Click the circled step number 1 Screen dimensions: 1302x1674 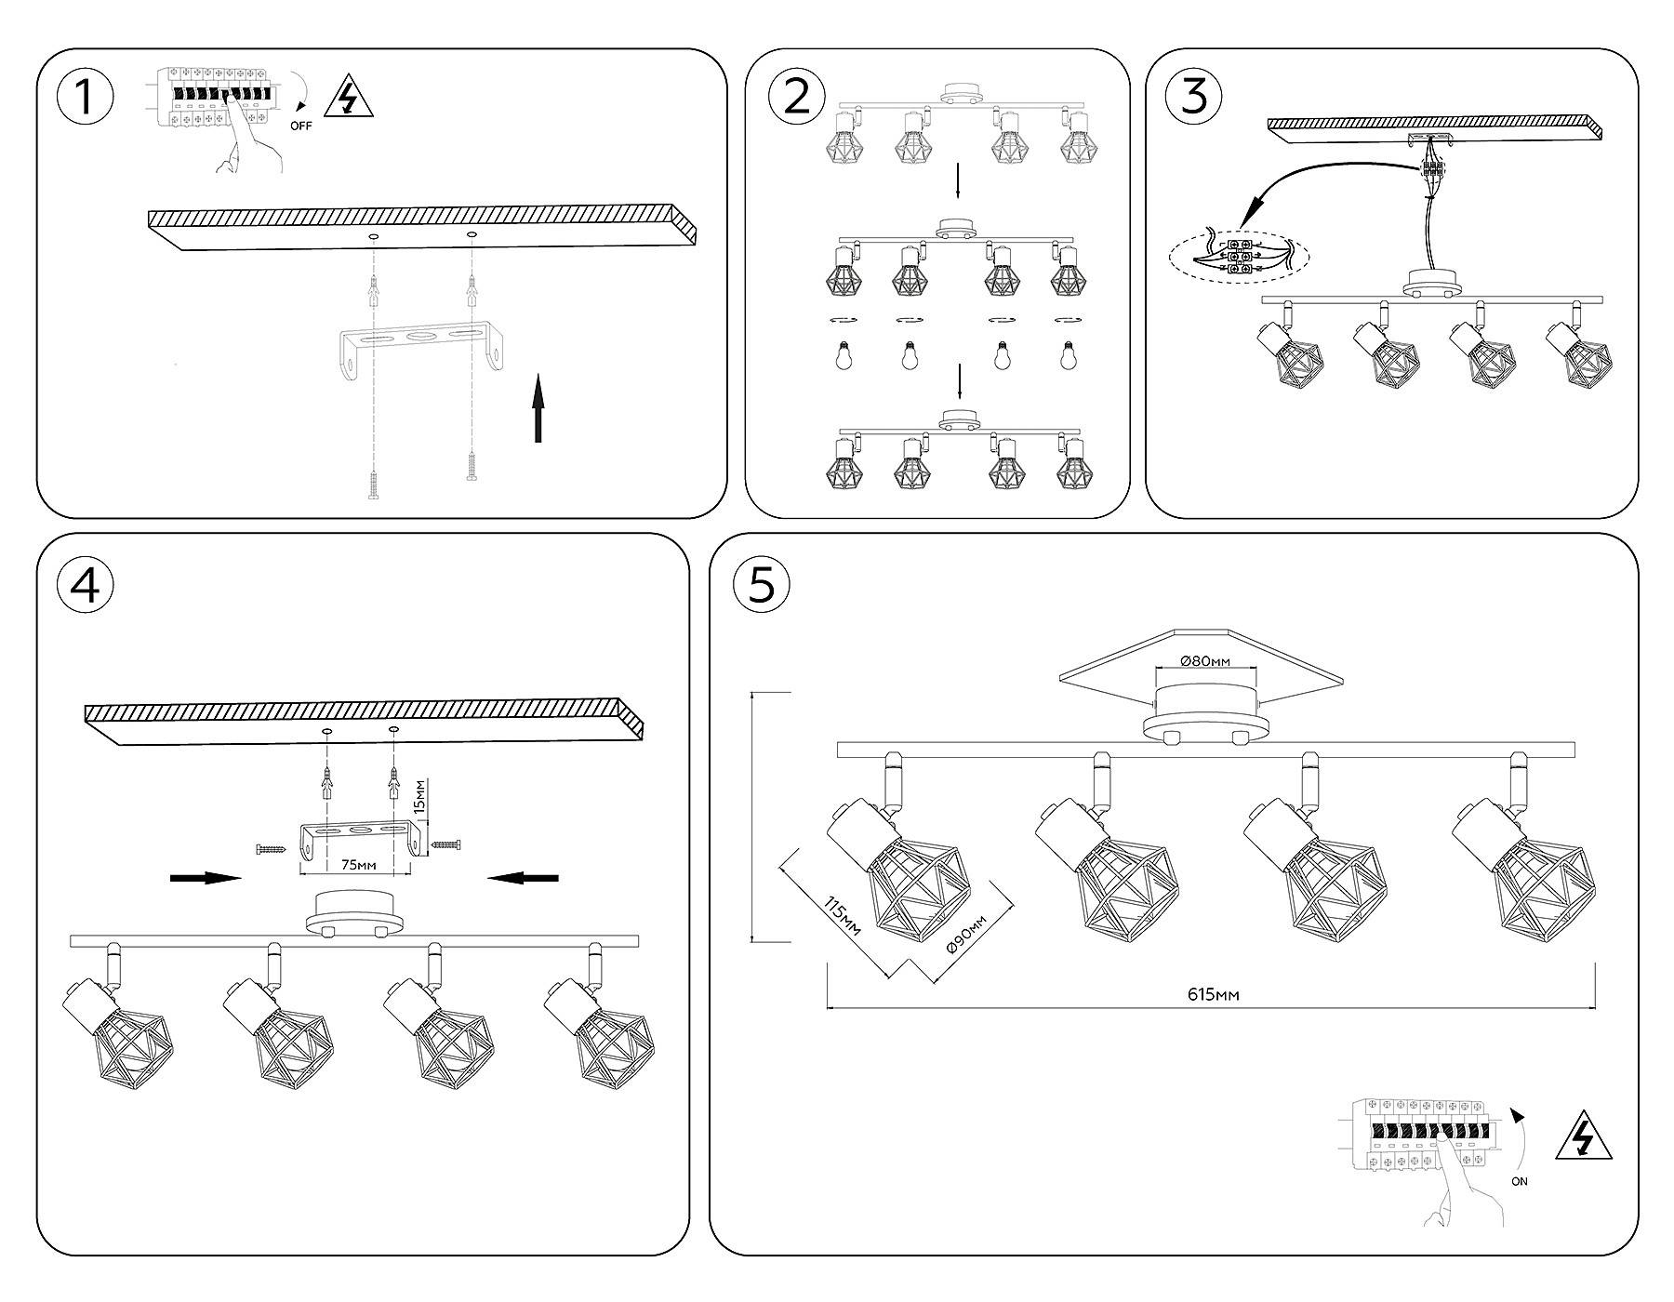point(85,98)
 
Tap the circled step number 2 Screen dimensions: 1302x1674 point(797,98)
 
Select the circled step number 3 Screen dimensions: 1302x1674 point(1194,98)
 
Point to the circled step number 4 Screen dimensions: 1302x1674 point(85,585)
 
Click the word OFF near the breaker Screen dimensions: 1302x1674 point(300,126)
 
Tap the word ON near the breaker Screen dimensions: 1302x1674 point(1519,1181)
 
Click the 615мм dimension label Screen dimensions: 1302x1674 point(1213,995)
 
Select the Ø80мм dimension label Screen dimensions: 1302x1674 point(1205,661)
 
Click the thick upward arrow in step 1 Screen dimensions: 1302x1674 point(538,408)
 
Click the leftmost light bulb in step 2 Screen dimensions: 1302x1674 point(843,357)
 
